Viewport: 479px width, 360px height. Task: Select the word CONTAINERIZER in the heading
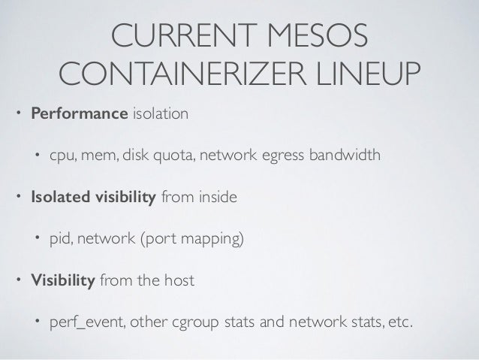tap(176, 74)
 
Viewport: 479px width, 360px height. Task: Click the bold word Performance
tap(78, 116)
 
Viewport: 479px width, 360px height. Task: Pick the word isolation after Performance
tap(160, 116)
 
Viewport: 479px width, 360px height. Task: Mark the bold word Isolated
tap(56, 198)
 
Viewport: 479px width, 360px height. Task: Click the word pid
tap(61, 240)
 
